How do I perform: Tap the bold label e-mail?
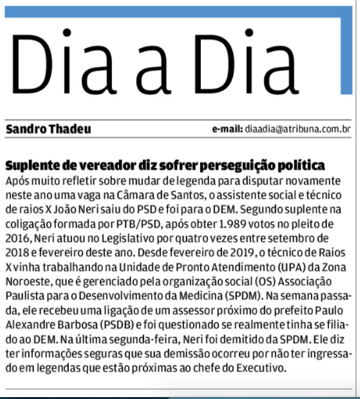[x=227, y=129]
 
